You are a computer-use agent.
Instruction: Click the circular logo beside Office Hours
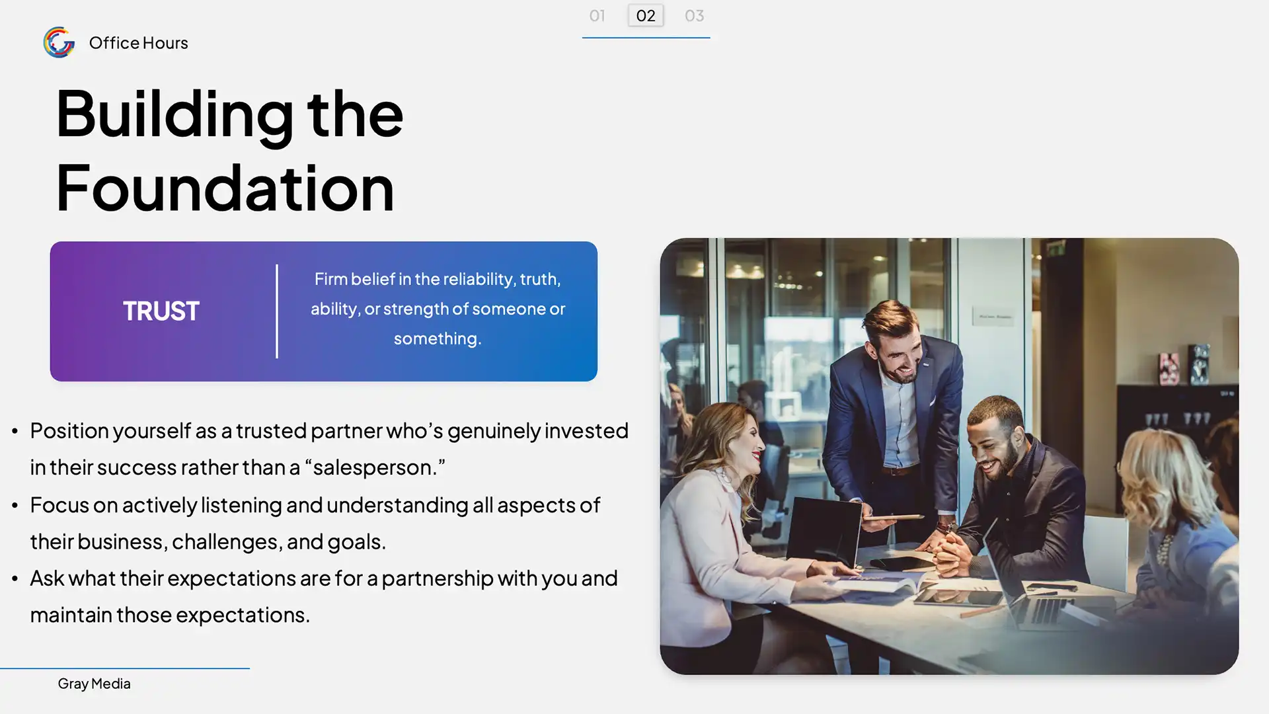tap(59, 42)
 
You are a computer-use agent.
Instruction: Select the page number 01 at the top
tap(597, 15)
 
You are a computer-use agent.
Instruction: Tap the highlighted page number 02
tap(646, 15)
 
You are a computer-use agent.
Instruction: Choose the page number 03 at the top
tap(694, 15)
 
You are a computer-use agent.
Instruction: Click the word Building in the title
tap(174, 114)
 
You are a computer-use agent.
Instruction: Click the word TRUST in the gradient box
tap(161, 311)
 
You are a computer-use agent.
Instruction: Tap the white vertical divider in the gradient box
tap(277, 311)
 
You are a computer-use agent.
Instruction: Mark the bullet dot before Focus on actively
tap(15, 506)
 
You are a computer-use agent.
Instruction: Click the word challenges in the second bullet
tap(225, 541)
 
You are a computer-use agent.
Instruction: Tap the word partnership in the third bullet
tap(438, 578)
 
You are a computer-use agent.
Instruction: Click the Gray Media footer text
tap(94, 684)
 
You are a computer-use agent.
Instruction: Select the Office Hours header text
tap(138, 43)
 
